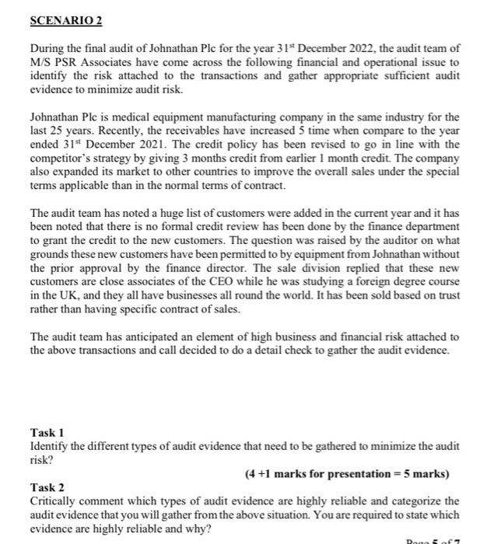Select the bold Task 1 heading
[47, 432]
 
